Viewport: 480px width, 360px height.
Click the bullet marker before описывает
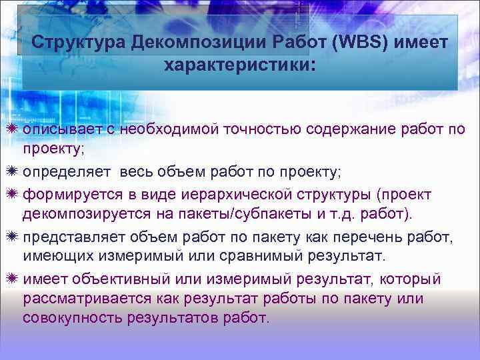pos(13,129)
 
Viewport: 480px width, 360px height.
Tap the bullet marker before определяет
pos(13,173)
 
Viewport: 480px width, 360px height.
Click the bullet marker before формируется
pos(13,194)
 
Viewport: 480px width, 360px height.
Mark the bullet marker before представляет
pos(13,237)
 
